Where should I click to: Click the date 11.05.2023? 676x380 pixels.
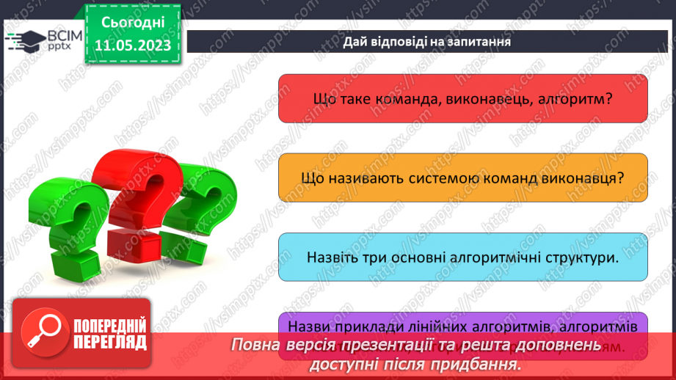(133, 45)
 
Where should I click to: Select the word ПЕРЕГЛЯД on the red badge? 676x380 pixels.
(109, 342)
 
